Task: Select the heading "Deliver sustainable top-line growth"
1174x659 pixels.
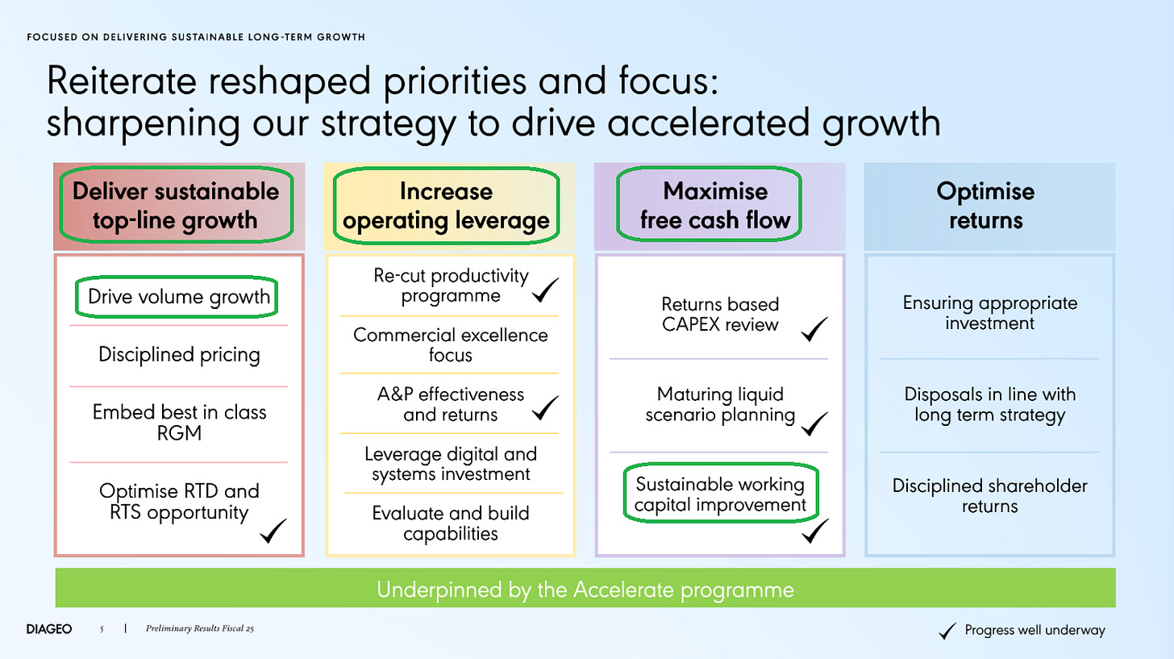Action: click(176, 206)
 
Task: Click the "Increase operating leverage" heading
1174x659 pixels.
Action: click(446, 206)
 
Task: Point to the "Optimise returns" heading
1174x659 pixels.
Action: click(985, 206)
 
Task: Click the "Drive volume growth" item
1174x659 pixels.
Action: click(178, 296)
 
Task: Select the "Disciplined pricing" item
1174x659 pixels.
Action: click(179, 354)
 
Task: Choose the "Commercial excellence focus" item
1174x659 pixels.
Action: click(450, 344)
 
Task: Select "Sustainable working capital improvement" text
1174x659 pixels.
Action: click(720, 494)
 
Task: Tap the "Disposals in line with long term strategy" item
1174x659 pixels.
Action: click(989, 406)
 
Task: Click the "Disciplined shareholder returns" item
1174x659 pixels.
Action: click(989, 496)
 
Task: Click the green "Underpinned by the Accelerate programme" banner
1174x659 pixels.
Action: click(585, 589)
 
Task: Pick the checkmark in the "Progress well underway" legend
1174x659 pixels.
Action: click(950, 630)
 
